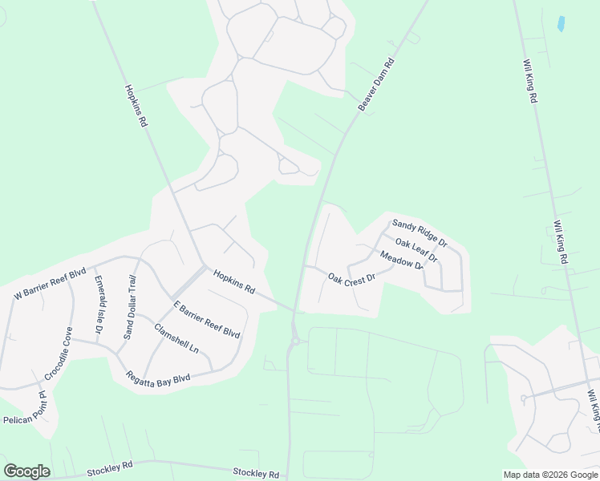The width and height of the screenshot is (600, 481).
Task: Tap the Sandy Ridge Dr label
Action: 420,232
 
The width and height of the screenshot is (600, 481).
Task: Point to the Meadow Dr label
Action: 401,261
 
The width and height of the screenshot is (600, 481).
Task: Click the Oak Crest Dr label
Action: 351,279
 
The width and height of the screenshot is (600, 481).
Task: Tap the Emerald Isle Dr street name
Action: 99,305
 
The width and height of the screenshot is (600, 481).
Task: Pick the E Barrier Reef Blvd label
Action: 207,319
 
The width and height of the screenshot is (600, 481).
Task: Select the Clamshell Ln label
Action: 176,338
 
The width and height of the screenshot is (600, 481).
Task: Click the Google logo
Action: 26,471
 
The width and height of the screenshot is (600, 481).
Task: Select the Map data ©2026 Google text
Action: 550,475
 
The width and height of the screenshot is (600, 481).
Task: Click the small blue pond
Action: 561,23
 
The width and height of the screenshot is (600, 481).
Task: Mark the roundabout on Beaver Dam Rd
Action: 295,341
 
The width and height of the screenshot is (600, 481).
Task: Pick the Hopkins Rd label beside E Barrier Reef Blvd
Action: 234,281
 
